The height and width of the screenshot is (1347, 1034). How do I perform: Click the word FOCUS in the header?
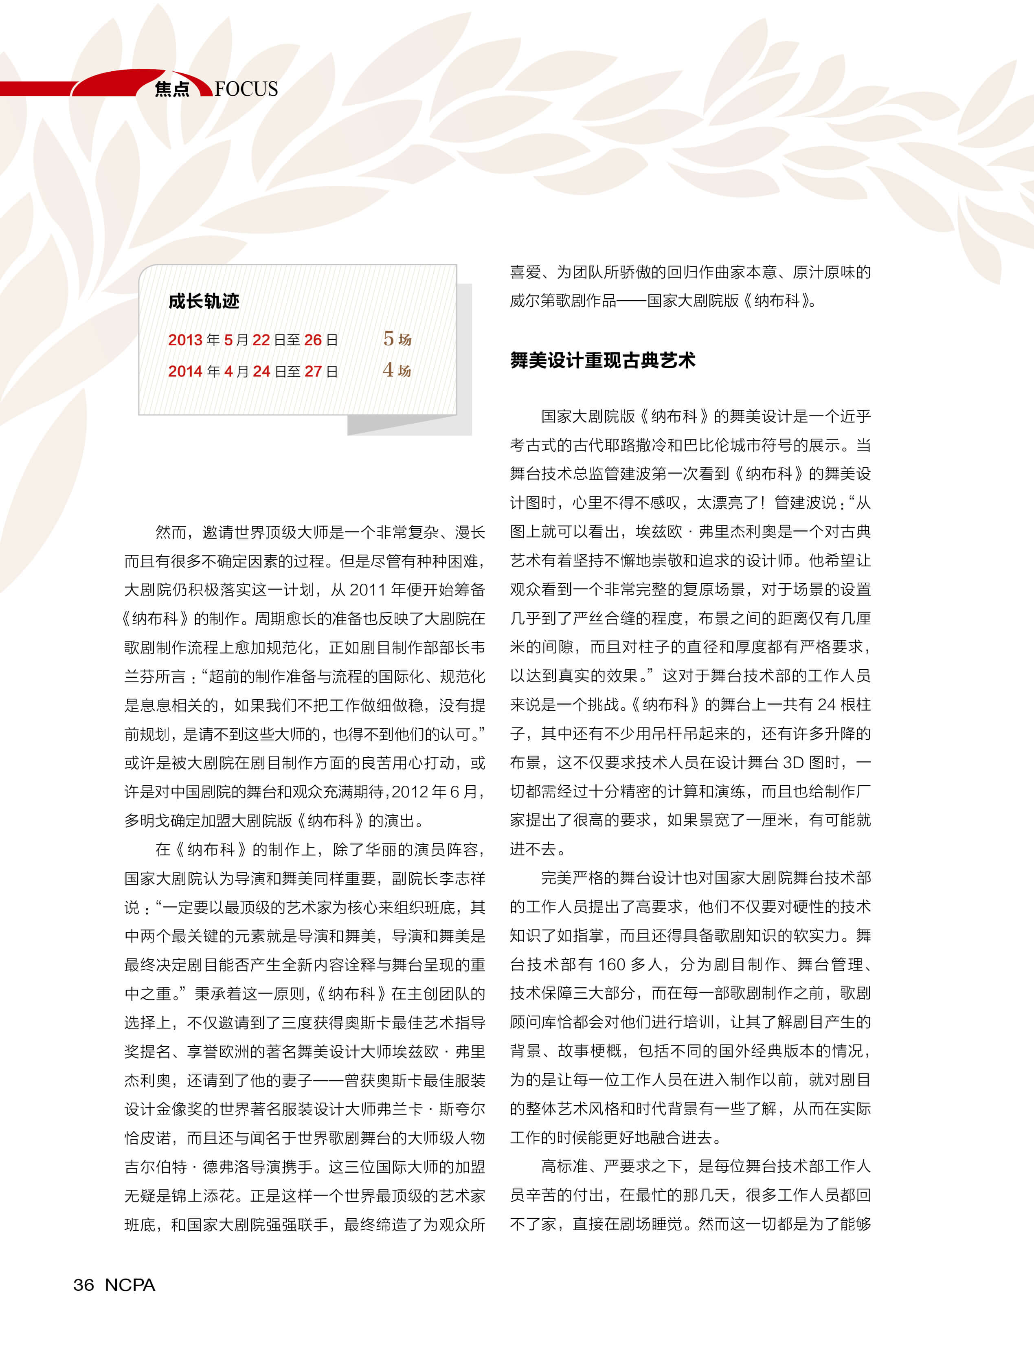246,89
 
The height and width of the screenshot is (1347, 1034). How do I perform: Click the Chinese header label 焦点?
172,89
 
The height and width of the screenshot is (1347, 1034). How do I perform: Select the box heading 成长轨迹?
204,301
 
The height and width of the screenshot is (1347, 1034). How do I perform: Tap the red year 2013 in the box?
185,340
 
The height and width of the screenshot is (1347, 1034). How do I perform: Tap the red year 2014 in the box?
185,371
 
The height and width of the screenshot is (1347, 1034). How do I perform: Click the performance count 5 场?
397,338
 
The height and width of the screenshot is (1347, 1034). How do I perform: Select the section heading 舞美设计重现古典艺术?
603,360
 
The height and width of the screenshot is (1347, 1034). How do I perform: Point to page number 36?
84,1285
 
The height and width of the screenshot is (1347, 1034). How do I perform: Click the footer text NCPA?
130,1285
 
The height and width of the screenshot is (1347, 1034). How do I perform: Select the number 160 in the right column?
611,964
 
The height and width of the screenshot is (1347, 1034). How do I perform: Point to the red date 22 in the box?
261,340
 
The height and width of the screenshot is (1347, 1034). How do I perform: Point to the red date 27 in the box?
313,371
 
